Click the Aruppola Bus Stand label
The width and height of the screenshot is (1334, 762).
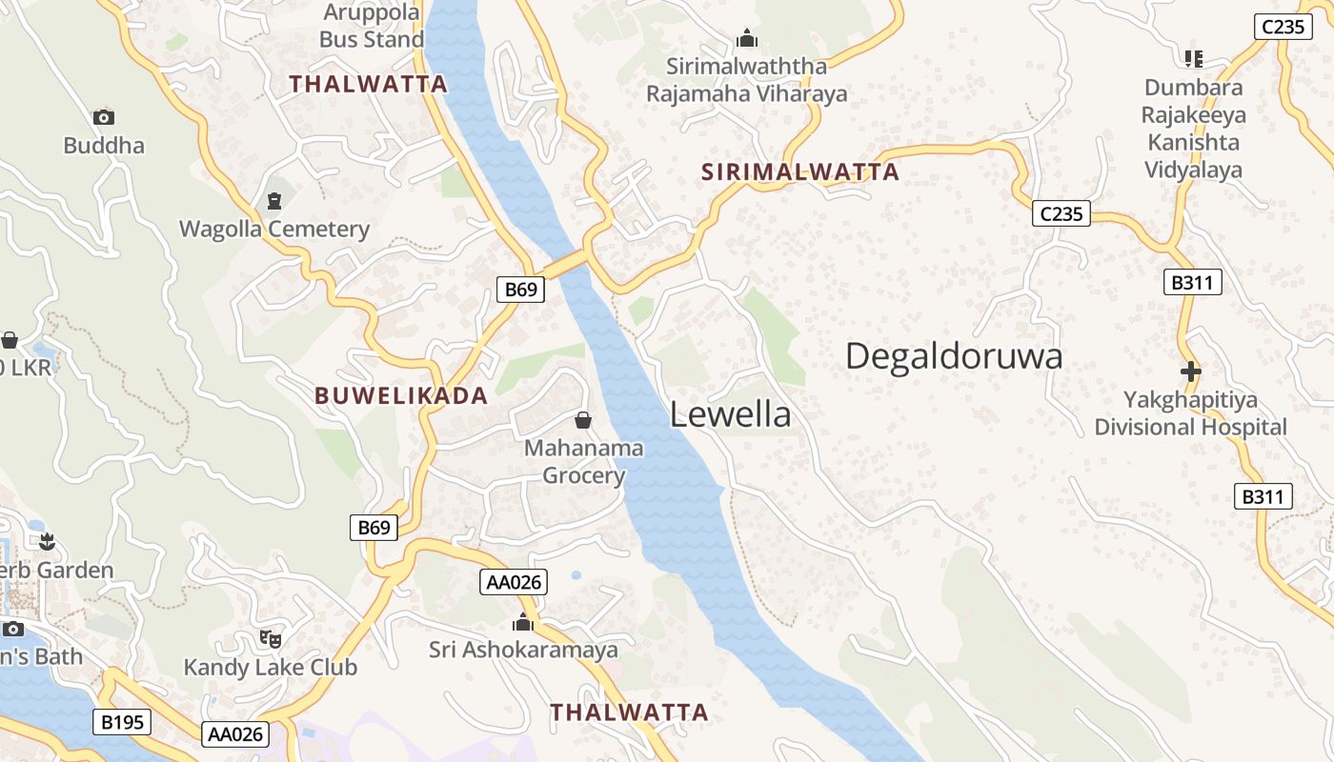[x=372, y=27]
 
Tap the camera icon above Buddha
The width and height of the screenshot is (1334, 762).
[x=104, y=117]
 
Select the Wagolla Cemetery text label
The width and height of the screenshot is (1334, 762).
[x=274, y=229]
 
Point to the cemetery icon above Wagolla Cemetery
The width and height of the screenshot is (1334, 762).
[x=274, y=201]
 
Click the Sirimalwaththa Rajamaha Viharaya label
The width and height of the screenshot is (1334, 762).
[x=746, y=80]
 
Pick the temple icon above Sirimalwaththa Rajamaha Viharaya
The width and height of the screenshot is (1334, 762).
[x=747, y=39]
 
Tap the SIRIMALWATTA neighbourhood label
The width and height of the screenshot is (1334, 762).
[x=800, y=172]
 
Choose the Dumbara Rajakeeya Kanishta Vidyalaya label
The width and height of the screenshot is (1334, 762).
[x=1193, y=129]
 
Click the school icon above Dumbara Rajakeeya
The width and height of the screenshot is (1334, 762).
[x=1193, y=59]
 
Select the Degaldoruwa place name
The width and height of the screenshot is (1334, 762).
[x=954, y=356]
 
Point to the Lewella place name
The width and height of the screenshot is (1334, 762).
[x=730, y=414]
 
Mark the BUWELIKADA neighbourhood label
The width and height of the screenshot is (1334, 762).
[x=401, y=396]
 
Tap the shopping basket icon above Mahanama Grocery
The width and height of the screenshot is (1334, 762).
[x=583, y=420]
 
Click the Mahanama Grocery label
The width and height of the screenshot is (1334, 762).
[x=584, y=461]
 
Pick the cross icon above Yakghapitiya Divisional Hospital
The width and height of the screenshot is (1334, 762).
[x=1190, y=371]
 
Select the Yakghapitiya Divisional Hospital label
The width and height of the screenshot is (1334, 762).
[x=1190, y=413]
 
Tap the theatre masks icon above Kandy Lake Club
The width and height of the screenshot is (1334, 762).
[x=271, y=639]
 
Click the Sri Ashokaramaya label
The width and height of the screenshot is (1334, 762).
[x=523, y=651]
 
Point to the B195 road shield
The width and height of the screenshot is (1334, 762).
[x=123, y=722]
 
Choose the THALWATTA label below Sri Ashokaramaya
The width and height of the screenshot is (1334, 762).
[x=629, y=712]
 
